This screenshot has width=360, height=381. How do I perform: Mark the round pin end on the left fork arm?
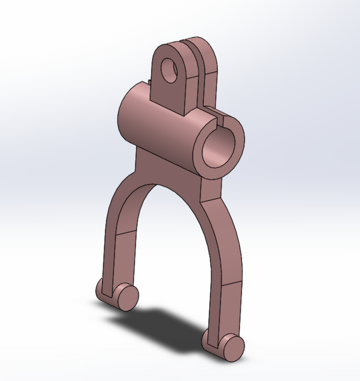127,296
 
